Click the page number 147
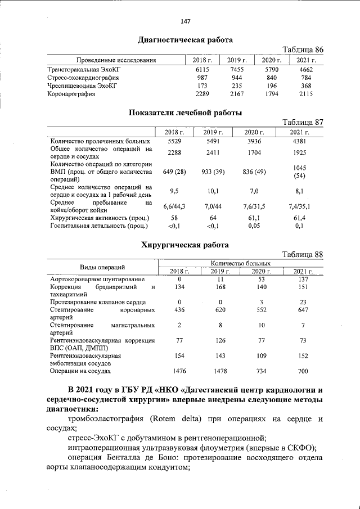[186, 21]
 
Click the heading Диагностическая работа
[186, 40]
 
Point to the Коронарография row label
[73, 94]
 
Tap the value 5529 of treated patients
[174, 141]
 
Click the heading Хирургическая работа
[185, 245]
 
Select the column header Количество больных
[241, 263]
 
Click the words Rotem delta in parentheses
[174, 419]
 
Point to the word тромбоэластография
[107, 419]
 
